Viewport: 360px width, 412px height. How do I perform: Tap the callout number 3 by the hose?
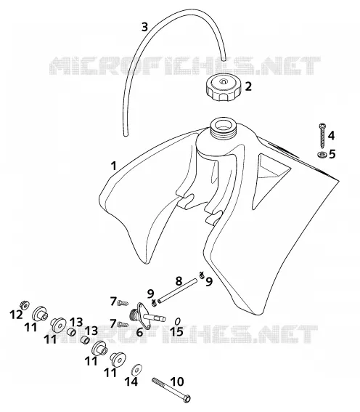coord(144,27)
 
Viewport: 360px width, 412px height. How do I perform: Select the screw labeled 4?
coord(322,136)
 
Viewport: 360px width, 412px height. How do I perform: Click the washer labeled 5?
coord(322,155)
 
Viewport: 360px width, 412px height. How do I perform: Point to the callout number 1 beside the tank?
coord(113,166)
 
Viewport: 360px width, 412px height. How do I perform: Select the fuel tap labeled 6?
coord(147,315)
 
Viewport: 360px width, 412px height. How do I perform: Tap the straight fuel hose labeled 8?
coord(177,291)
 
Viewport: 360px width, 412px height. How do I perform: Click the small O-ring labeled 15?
coord(177,321)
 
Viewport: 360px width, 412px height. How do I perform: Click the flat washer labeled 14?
coord(136,370)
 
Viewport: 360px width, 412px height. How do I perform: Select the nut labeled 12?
coord(25,304)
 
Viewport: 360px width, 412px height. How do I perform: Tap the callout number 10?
coord(177,381)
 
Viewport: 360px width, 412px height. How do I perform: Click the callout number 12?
coord(16,315)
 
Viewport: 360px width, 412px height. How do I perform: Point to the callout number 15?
coord(176,331)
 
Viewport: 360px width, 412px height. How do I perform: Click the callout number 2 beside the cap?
coord(248,86)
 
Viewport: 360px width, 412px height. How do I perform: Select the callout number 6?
coord(139,332)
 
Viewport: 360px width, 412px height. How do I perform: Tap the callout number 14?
coord(131,381)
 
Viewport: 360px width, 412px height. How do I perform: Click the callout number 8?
coord(179,281)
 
